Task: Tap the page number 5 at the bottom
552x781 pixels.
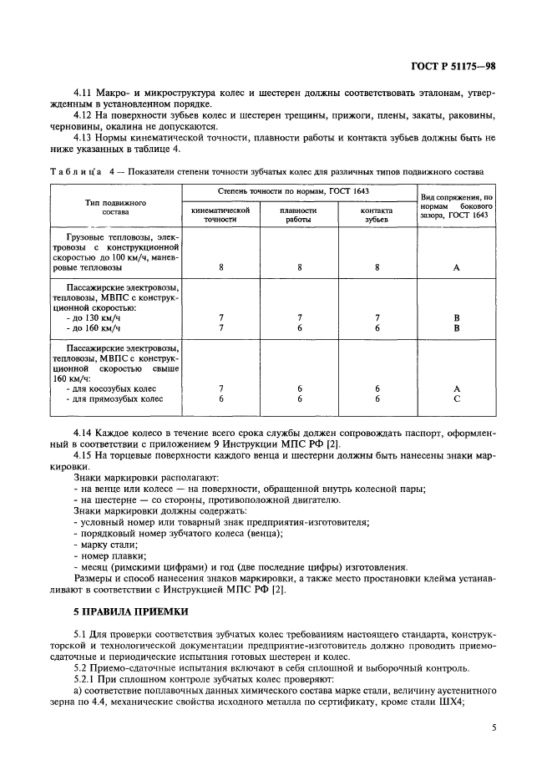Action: point(494,728)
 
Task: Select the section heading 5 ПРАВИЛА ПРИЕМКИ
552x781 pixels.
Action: point(132,612)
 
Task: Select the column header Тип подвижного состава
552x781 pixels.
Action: point(116,207)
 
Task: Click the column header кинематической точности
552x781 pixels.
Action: point(220,216)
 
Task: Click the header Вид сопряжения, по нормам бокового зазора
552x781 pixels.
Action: point(456,206)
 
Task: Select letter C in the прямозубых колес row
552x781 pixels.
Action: point(457,399)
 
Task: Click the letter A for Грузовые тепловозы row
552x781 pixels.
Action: point(457,268)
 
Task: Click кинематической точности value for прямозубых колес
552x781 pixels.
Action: point(220,399)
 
